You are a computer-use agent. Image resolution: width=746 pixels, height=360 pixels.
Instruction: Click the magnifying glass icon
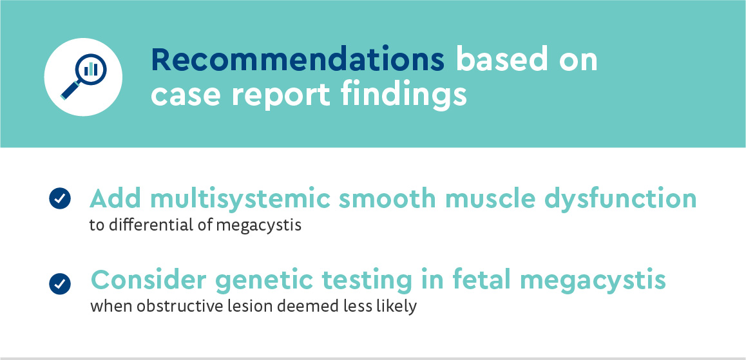pos(83,77)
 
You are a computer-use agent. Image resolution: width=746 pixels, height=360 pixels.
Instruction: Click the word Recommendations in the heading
pos(298,60)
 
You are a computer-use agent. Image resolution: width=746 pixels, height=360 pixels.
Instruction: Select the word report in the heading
pos(280,95)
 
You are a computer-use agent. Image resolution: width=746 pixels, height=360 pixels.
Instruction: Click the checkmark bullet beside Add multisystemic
pos(60,199)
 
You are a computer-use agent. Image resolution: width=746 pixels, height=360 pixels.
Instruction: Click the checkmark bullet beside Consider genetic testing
pos(60,284)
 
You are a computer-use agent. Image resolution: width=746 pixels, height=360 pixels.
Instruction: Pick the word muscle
pos(489,199)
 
